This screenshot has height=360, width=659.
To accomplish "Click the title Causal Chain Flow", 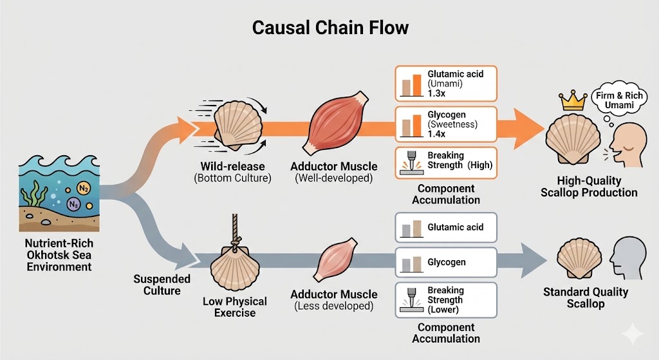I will [329, 28].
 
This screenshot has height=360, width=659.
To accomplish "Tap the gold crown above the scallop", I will [571, 100].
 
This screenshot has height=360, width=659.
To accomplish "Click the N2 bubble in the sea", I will [84, 188].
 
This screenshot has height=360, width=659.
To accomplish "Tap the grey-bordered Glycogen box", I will [445, 263].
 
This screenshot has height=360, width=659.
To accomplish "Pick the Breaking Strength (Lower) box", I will [445, 300].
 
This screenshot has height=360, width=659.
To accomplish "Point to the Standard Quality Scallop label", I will [585, 298].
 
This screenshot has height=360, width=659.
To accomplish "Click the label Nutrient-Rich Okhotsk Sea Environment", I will [59, 255].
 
